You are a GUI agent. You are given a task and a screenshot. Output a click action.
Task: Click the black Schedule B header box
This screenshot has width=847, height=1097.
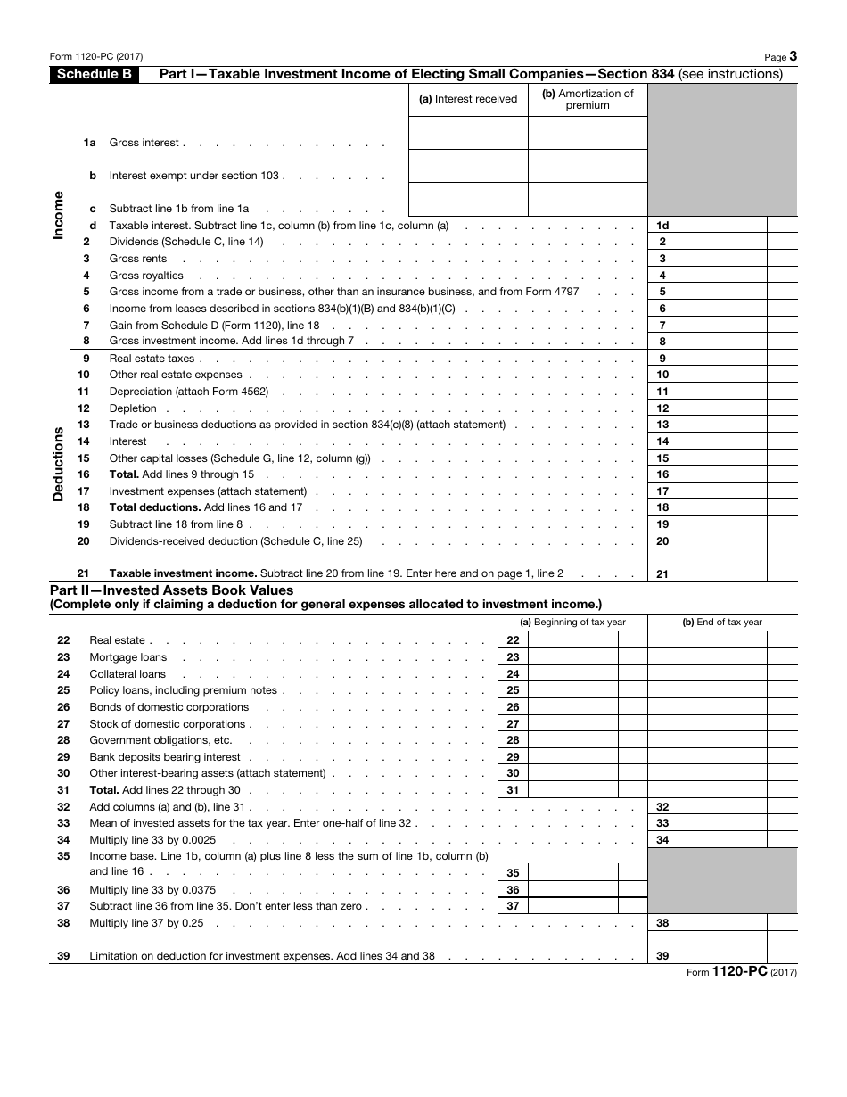[94, 75]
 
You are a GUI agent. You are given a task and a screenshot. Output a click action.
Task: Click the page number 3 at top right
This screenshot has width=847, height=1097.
[793, 56]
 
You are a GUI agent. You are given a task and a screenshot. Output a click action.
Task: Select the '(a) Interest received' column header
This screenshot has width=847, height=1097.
[468, 99]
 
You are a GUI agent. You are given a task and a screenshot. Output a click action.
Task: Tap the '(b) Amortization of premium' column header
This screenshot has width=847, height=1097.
[588, 99]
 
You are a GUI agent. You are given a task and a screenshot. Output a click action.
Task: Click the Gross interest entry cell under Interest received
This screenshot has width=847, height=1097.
[468, 134]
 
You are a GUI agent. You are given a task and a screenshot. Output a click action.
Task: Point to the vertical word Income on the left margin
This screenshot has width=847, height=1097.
[58, 214]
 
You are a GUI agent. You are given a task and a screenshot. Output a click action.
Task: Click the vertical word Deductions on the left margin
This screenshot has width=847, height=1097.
[58, 464]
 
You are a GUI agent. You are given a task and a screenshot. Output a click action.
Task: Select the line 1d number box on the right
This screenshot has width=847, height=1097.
[662, 226]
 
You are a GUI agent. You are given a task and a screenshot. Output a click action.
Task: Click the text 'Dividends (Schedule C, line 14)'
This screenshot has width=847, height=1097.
[186, 242]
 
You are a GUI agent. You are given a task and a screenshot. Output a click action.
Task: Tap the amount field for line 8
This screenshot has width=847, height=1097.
[722, 342]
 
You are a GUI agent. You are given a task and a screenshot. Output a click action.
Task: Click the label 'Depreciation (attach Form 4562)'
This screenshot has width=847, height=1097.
[189, 392]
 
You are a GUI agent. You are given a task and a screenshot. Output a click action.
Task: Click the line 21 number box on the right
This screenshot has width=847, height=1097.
[662, 574]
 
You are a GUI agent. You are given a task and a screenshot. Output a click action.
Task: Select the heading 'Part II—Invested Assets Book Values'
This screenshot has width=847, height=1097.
[171, 590]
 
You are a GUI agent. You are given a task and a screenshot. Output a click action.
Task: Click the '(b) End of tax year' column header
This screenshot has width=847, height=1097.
[722, 623]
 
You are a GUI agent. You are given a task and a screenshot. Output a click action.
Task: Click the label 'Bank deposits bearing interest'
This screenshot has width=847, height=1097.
[165, 757]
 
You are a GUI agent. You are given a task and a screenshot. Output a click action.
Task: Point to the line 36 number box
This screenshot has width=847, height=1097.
[513, 890]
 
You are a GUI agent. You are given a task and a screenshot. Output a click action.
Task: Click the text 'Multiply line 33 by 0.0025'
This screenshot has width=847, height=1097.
[152, 840]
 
